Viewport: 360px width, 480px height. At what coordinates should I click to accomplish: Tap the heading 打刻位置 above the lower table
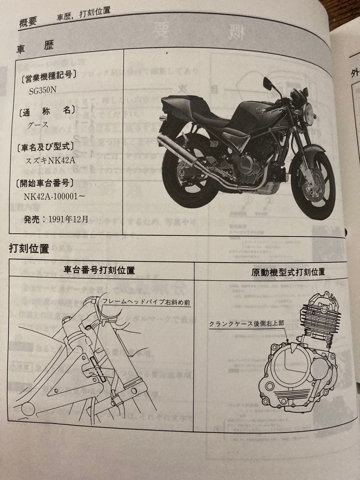pyautogui.click(x=29, y=249)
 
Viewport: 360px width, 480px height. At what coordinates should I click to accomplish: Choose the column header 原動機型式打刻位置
pyautogui.click(x=288, y=272)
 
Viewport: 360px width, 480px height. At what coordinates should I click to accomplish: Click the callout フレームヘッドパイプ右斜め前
pyautogui.click(x=146, y=302)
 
